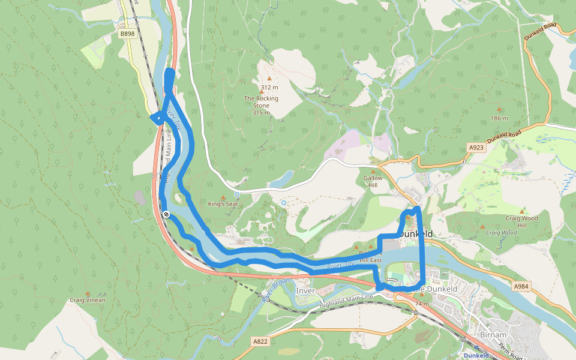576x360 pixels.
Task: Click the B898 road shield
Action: pyautogui.click(x=127, y=34)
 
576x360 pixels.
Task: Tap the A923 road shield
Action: pyautogui.click(x=476, y=147)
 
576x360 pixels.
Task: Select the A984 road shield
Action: pyautogui.click(x=521, y=287)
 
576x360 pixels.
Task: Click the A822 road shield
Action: pyautogui.click(x=260, y=341)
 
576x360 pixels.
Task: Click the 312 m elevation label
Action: pyautogui.click(x=269, y=87)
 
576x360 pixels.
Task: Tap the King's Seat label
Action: pyautogui.click(x=223, y=204)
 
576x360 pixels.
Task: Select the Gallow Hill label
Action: pyautogui.click(x=373, y=182)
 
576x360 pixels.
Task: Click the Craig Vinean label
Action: pyautogui.click(x=87, y=300)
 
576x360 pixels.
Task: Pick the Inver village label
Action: pyautogui.click(x=305, y=291)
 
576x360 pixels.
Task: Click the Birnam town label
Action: pyautogui.click(x=493, y=334)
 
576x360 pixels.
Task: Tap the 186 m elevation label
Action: pyautogui.click(x=499, y=118)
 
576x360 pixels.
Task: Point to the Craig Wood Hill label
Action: pyautogui.click(x=521, y=222)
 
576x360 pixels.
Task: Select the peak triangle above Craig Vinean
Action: pyautogui.click(x=87, y=293)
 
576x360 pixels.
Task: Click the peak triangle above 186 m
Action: pyautogui.click(x=499, y=110)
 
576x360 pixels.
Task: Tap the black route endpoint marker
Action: pyautogui.click(x=166, y=214)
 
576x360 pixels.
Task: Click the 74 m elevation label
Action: pyautogui.click(x=422, y=304)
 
